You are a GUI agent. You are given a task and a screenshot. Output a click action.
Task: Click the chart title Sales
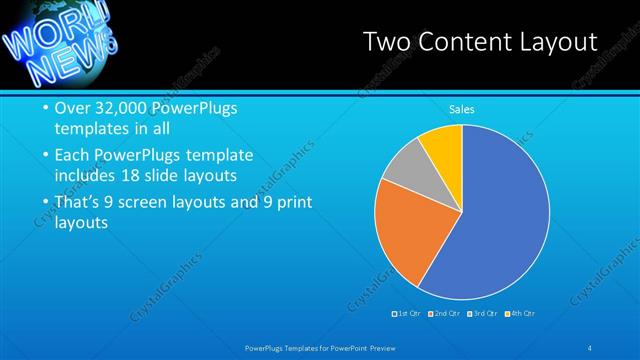point(461,109)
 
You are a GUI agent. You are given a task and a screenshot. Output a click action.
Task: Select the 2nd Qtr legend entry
point(443,314)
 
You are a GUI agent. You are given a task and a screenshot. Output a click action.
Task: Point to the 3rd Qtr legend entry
point(482,314)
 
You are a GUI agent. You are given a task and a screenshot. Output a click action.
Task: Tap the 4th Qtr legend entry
point(521,314)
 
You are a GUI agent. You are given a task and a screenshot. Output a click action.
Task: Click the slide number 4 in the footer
point(590,347)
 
